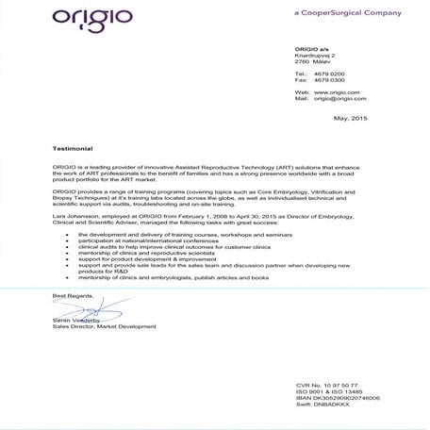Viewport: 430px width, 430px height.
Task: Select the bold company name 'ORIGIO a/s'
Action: pos(313,50)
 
